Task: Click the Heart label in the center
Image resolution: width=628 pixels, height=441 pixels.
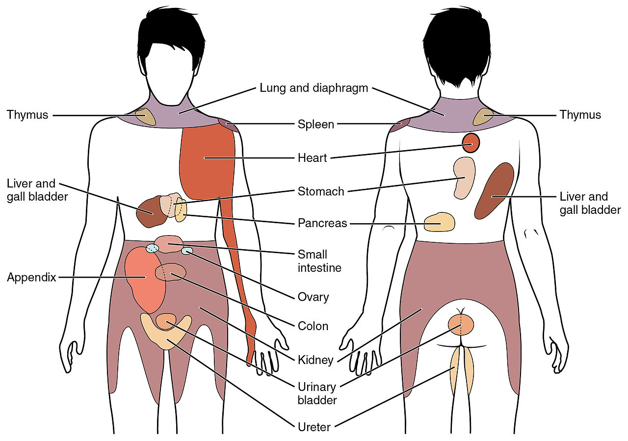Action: click(312, 158)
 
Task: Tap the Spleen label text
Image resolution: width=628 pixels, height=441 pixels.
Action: click(316, 124)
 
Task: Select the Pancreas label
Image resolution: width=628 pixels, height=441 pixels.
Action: click(322, 223)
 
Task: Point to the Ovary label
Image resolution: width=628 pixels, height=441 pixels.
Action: click(313, 297)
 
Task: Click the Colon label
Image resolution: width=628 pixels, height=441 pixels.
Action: click(313, 326)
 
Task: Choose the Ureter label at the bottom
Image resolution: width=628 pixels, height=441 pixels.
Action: click(314, 427)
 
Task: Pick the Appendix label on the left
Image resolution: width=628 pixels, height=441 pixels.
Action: click(31, 278)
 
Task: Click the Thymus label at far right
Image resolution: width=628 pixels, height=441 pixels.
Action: click(580, 115)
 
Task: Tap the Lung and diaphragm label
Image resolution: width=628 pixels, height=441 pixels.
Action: click(314, 89)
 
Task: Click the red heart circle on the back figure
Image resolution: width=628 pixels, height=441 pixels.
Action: click(471, 143)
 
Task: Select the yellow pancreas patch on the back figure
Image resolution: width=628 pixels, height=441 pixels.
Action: click(439, 222)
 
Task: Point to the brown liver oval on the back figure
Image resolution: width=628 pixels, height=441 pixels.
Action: click(495, 190)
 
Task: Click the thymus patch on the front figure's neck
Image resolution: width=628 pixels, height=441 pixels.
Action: click(145, 117)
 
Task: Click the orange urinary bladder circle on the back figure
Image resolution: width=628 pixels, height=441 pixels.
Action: click(461, 325)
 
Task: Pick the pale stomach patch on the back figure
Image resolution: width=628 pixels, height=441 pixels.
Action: click(464, 178)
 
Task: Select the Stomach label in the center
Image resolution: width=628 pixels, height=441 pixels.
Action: click(321, 191)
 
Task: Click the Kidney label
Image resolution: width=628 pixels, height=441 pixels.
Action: click(315, 360)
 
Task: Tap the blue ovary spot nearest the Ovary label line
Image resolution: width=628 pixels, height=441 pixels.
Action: click(187, 251)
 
